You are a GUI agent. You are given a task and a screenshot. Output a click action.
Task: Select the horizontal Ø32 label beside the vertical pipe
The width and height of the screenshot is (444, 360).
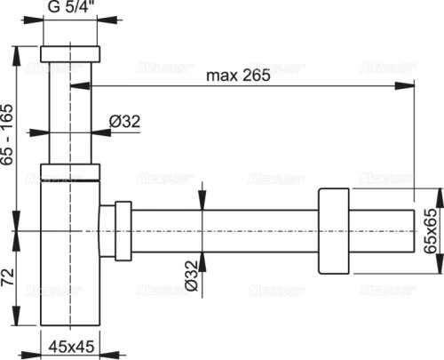[x=122, y=122]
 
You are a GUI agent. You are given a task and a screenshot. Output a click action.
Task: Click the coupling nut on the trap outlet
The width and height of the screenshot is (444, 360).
[x=116, y=230]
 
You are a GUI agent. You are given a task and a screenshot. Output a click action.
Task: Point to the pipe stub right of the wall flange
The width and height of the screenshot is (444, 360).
[x=383, y=230]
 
